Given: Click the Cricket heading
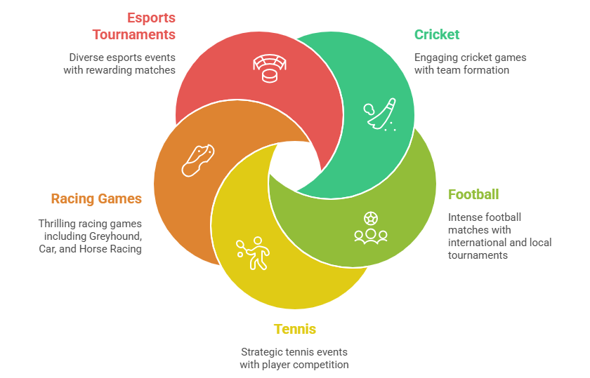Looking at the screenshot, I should point(436,34).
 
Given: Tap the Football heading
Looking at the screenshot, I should point(473,194).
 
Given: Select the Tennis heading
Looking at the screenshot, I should point(294,329).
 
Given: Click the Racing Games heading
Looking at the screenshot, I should point(96,198).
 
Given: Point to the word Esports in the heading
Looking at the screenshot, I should point(151,18).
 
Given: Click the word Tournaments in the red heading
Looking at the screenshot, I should point(133,34).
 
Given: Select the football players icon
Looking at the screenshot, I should point(370,227).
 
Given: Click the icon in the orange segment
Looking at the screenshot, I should point(197,160).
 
